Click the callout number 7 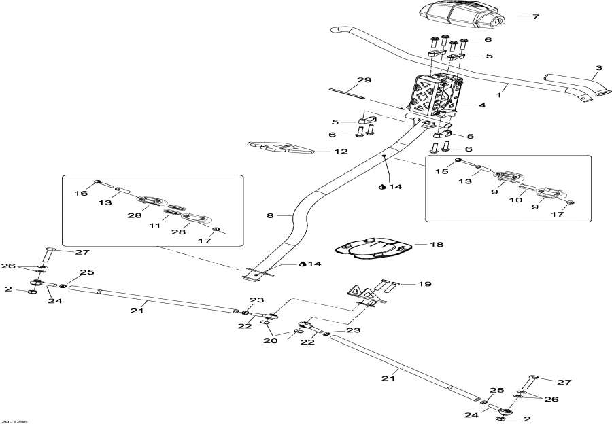(x=534, y=16)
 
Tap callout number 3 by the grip (x=598, y=68)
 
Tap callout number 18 (x=436, y=243)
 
